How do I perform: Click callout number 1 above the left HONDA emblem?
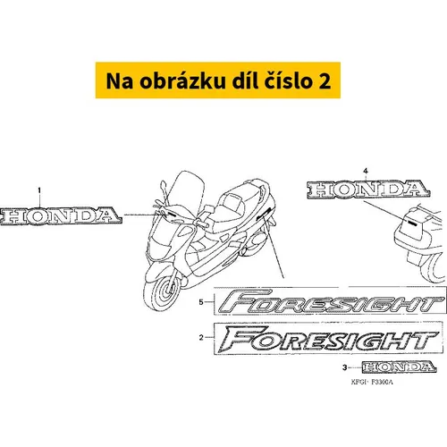coord(39,190)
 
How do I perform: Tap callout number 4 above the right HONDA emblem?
coord(366,171)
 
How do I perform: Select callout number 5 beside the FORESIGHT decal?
coord(201,302)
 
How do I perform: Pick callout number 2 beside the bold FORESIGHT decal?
coord(201,338)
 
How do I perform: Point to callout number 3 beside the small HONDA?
coord(345,367)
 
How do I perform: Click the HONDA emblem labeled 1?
coord(61,215)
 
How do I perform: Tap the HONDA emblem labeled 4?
coord(368,190)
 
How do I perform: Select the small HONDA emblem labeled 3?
coord(400,367)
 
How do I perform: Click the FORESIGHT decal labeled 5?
coord(330,301)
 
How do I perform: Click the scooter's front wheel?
coord(163,291)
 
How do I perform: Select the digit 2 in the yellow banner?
coord(325,81)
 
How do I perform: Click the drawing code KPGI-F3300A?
coord(372,382)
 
